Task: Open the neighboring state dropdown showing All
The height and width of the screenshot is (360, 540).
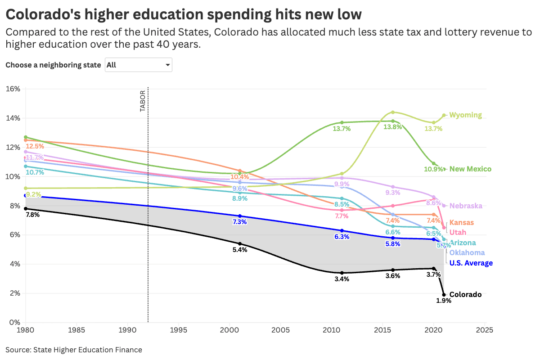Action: (x=138, y=65)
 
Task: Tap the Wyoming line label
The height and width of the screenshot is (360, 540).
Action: (x=465, y=115)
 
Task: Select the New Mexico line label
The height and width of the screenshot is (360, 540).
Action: (x=470, y=169)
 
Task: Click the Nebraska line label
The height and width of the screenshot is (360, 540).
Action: (x=466, y=206)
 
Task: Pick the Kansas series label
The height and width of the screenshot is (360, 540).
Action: (x=462, y=223)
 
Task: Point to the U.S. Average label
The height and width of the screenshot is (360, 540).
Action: (x=471, y=263)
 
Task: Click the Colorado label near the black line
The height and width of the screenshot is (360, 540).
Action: (x=465, y=295)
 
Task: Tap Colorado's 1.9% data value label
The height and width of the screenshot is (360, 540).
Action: (x=444, y=301)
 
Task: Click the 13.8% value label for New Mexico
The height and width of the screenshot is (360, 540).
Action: (x=392, y=127)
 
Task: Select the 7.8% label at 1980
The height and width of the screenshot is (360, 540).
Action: (x=32, y=215)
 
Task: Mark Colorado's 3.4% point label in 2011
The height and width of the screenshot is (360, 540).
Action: (x=342, y=279)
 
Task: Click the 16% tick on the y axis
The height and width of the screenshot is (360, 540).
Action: (x=13, y=89)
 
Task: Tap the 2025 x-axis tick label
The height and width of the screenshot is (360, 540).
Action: (x=485, y=330)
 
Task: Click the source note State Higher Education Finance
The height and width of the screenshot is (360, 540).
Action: (x=74, y=350)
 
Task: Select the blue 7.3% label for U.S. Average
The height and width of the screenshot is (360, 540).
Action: (x=239, y=222)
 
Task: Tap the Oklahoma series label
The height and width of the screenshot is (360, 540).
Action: (x=467, y=253)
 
